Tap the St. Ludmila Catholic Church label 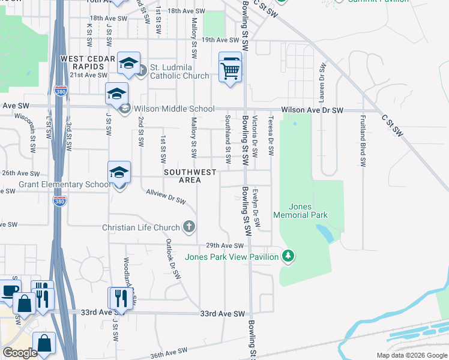pos(179,71)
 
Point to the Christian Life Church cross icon pos(189,227)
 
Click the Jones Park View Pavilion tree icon pos(289,257)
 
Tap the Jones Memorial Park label pos(300,211)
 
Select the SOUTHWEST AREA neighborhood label pos(190,176)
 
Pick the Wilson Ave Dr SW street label pos(312,110)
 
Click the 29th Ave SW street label pos(225,245)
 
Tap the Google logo pos(20,353)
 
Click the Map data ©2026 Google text pos(411,355)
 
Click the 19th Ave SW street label pos(220,40)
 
